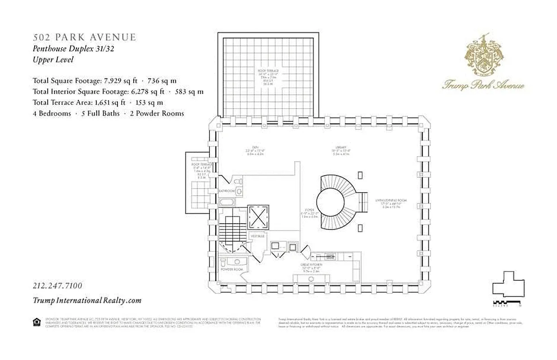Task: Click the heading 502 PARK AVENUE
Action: coord(84,37)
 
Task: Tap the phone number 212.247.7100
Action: coord(57,286)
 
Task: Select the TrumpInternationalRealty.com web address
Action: coord(87,301)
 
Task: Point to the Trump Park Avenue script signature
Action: coord(484,85)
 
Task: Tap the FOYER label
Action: coord(309,209)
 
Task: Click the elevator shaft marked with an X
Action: coord(258,217)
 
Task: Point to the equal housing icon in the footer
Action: coord(36,321)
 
